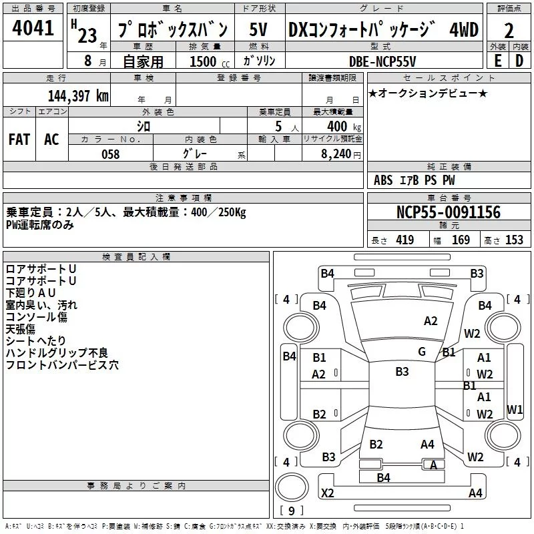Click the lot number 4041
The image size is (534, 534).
pos(33,28)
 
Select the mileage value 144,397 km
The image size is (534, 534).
pos(78,96)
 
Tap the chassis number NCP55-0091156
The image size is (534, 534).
pos(449,212)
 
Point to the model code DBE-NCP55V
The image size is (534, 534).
pos(382,61)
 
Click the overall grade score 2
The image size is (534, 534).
pos(509,31)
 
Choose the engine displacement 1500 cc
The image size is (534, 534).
pos(210,61)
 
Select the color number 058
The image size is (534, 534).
pos(111,154)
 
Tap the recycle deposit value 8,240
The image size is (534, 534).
pos(336,154)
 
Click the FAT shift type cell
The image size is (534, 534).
pos(19,140)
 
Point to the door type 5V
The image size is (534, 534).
pos(258,29)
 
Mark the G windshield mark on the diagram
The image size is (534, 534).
pos(422,352)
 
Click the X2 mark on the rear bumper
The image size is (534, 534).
pos(327,493)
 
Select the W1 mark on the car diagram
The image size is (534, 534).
pos(514,409)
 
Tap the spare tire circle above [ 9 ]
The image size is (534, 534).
pos(292,487)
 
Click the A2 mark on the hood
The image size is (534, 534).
pos(431,321)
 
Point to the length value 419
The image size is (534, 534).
pos(405,240)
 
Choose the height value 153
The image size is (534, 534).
pos(514,240)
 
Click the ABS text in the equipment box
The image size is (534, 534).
pos(383,180)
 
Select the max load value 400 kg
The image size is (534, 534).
pos(344,126)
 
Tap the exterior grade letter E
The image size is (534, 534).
pos(497,61)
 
